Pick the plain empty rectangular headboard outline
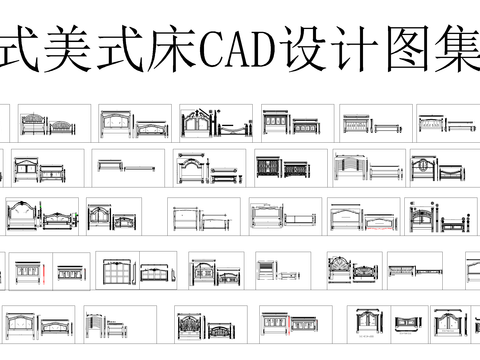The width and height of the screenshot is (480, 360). [x=185, y=219]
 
